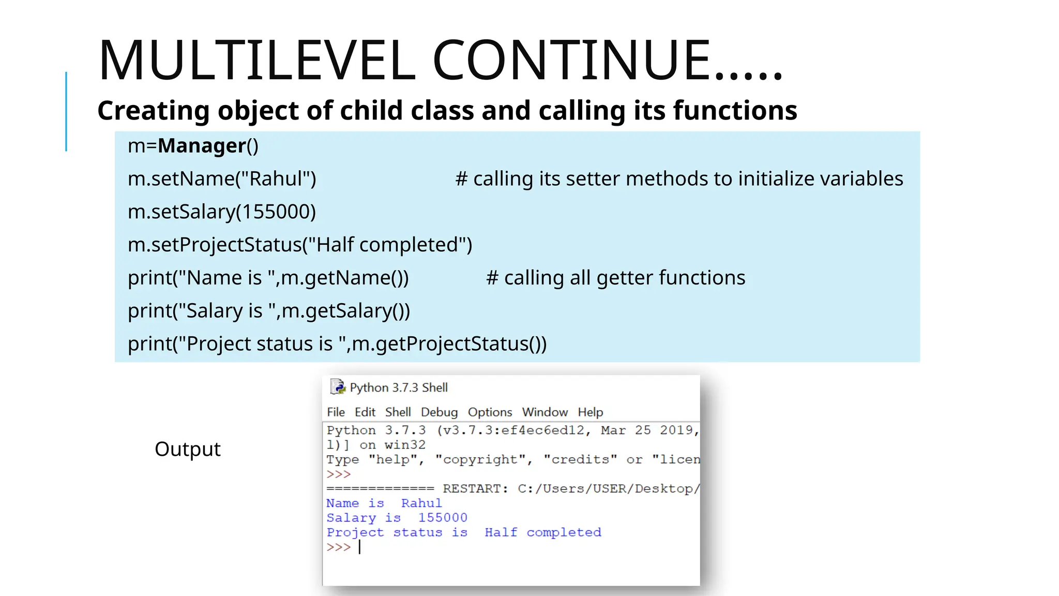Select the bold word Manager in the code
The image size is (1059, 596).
point(202,146)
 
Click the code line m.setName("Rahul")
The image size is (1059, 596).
point(222,179)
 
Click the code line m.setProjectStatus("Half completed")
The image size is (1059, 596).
point(300,245)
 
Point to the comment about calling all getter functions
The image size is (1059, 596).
point(615,278)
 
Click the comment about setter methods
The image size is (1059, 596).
point(679,179)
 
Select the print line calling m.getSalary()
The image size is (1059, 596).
point(269,311)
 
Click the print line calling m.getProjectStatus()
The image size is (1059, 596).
point(337,344)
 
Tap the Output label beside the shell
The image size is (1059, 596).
point(188,449)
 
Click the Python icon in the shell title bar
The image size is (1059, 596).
point(338,387)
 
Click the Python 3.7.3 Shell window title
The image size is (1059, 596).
point(398,388)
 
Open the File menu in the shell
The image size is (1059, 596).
point(336,412)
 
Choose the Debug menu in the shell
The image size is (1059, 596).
point(439,412)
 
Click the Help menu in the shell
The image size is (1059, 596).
point(590,412)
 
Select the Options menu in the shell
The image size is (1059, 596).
point(490,412)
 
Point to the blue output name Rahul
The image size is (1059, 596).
point(421,503)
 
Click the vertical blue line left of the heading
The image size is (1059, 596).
point(66,111)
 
